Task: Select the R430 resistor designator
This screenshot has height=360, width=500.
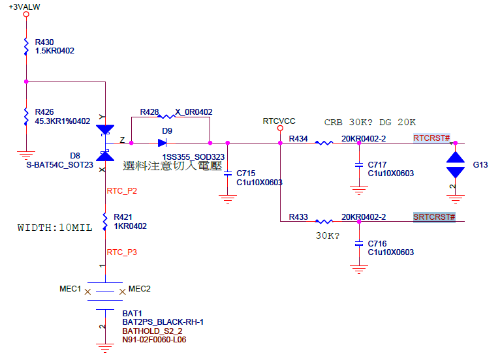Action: (x=45, y=42)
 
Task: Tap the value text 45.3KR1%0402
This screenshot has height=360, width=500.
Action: (x=63, y=121)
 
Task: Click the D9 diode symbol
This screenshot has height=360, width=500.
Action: (x=164, y=142)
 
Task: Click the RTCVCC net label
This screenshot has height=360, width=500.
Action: (x=279, y=121)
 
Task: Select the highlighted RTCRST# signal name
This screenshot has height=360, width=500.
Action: (x=431, y=138)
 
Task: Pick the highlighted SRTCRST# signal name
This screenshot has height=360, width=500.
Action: (x=434, y=217)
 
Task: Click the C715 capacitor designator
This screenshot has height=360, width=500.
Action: (x=246, y=173)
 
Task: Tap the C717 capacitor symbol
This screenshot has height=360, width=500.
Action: (x=358, y=166)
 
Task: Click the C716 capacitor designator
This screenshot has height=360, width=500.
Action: (x=377, y=243)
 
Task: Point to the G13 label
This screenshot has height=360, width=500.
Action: (x=480, y=165)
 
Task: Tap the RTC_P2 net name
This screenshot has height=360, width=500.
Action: (x=121, y=191)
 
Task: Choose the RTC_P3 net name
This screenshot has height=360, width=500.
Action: (x=121, y=252)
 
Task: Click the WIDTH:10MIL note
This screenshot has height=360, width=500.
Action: (x=54, y=228)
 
